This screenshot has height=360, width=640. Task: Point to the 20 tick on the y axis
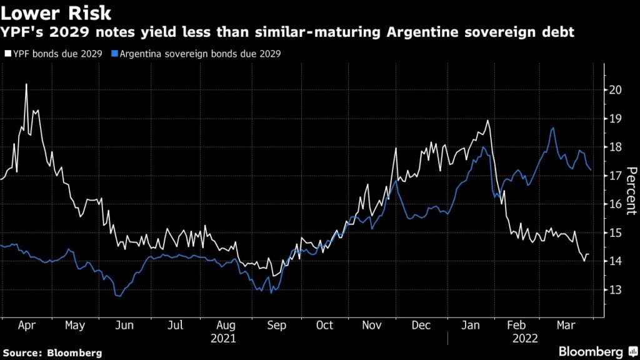[x=615, y=90]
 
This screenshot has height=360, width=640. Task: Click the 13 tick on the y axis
[x=615, y=290]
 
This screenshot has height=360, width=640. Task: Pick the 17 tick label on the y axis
[x=615, y=176]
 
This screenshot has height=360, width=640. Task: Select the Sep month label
[x=276, y=326]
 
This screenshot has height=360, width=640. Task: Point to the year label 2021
[x=223, y=338]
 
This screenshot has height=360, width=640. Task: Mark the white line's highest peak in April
[x=26, y=84]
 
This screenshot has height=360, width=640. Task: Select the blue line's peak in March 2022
[x=553, y=128]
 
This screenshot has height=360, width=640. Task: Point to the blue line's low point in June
[x=119, y=296]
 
